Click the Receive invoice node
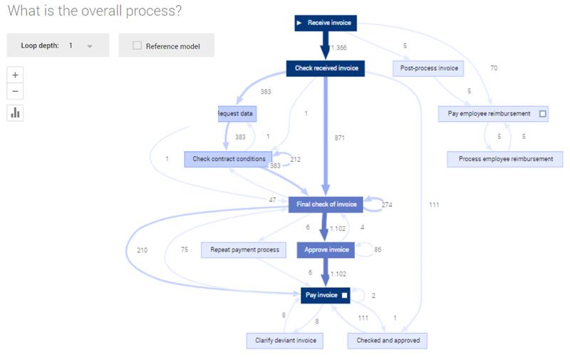[324, 24]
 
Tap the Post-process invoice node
[427, 68]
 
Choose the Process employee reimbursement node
[505, 159]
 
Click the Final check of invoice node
[326, 205]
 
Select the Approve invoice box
[326, 250]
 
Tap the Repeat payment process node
[244, 250]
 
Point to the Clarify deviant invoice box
[284, 341]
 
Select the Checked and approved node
[388, 341]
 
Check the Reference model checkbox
[138, 46]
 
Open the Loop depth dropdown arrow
[90, 46]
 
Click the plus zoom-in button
[16, 74]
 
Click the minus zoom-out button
[16, 91]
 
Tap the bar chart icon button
[16, 113]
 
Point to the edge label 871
[341, 137]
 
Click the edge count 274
[387, 205]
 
